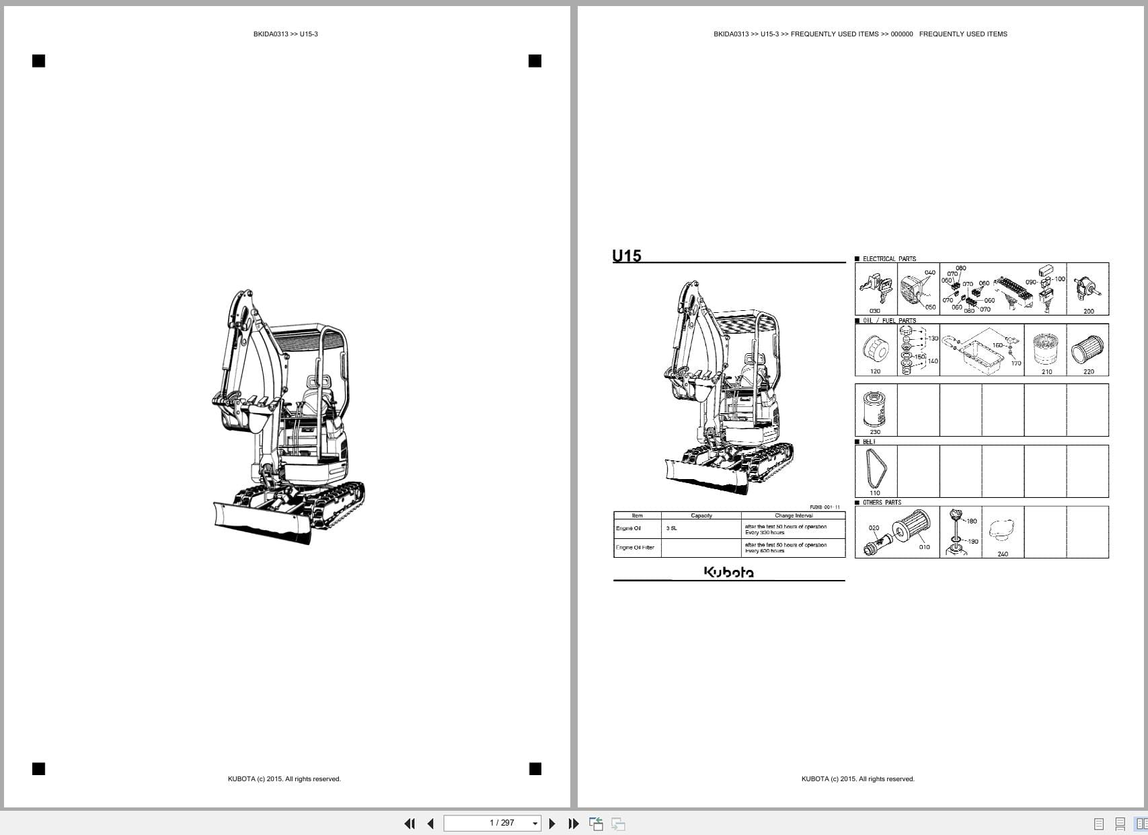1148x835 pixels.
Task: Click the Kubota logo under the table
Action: pos(728,572)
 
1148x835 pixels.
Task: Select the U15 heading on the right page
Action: pos(626,256)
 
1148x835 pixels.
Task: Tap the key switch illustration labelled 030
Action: pos(874,287)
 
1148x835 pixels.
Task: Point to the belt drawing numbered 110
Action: pos(875,468)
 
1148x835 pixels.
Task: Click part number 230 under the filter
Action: pos(875,432)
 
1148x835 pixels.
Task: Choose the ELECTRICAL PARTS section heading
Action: pos(888,259)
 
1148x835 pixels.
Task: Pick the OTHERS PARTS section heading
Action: pos(882,503)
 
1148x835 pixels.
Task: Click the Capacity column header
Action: pos(701,515)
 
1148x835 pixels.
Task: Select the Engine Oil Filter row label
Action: pos(635,548)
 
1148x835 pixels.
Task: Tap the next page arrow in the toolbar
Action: pos(552,823)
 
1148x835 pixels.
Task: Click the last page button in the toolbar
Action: pos(573,823)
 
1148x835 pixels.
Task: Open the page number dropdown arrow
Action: pos(535,824)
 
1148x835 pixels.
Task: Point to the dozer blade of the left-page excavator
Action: pos(262,522)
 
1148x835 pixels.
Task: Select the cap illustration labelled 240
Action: pos(1002,532)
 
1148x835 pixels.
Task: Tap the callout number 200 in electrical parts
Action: pos(1088,311)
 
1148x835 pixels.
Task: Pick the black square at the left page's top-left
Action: pos(39,61)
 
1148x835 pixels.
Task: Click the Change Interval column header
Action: pos(794,515)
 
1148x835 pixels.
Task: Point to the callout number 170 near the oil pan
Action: pos(1016,363)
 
